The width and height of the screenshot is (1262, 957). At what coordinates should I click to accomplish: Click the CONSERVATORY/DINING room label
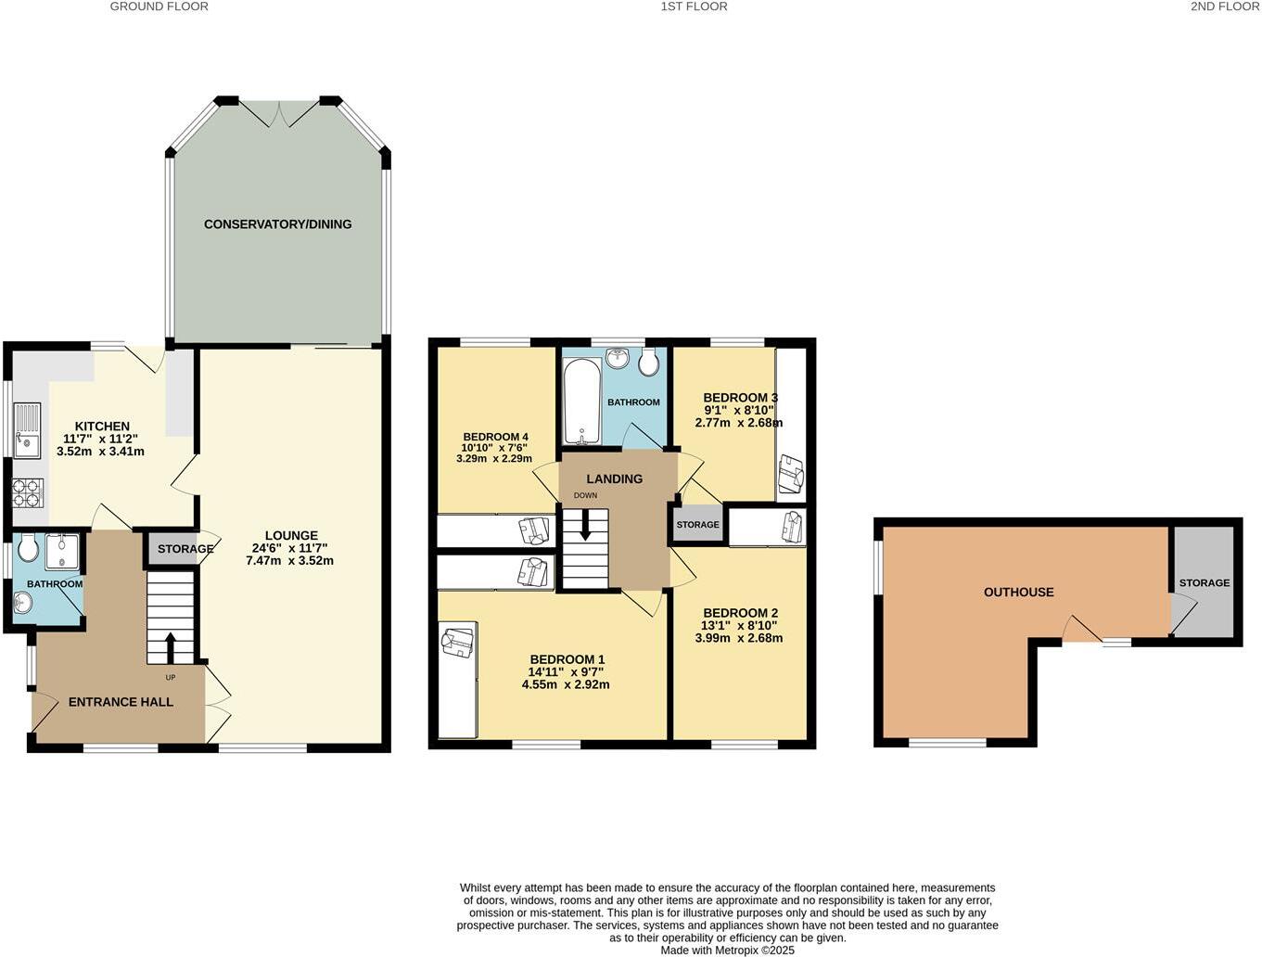coord(277,224)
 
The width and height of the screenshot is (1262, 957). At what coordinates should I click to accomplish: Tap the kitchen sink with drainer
coord(27,430)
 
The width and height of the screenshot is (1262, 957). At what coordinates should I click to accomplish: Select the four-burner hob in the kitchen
coord(28,492)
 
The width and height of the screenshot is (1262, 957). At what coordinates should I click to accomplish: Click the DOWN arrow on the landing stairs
coord(585,527)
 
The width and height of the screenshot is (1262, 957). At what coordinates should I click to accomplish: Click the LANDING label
coord(614,479)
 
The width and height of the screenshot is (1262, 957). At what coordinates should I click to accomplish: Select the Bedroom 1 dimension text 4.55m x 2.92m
coord(566,685)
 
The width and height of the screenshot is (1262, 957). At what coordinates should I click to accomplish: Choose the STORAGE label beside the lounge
coord(185,549)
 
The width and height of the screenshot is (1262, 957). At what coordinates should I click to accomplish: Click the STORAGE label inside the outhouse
coord(1204,583)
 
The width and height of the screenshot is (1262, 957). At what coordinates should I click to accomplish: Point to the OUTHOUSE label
coord(1018,593)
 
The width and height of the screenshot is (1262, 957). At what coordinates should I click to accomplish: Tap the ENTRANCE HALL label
coord(121,702)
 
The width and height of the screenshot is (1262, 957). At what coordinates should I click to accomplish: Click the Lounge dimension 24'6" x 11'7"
coord(290,548)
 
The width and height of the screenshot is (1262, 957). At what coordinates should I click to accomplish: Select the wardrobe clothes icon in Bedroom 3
coord(791,475)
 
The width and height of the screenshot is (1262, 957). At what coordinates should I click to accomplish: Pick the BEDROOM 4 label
coord(495,437)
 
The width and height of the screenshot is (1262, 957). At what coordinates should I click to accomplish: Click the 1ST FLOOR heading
coord(694,6)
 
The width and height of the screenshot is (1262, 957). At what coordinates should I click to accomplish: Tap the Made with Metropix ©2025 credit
coord(727,950)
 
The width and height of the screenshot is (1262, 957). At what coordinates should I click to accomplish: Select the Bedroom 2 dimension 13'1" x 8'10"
coord(740,626)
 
